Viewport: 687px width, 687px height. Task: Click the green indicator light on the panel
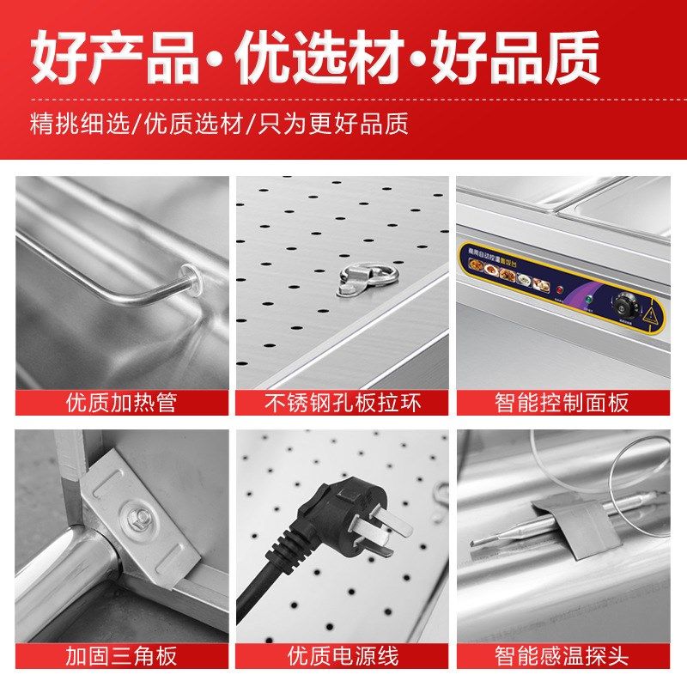pyautogui.click(x=589, y=298)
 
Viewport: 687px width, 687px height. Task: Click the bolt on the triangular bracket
pyautogui.click(x=137, y=517)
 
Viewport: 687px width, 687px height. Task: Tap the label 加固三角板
pyautogui.click(x=121, y=657)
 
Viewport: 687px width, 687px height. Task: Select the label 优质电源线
pyautogui.click(x=342, y=657)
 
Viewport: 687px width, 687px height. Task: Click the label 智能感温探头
pyautogui.click(x=562, y=657)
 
